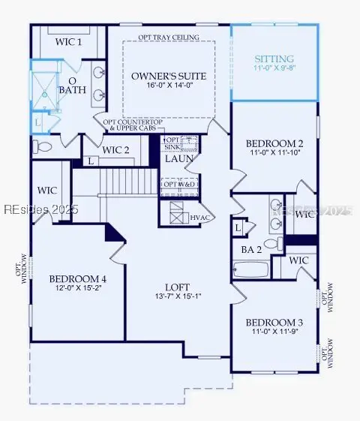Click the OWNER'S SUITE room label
click(x=169, y=76)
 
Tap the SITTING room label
click(x=274, y=59)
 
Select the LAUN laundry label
click(x=179, y=159)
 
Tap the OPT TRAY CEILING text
click(x=169, y=37)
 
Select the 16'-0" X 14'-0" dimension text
click(x=169, y=86)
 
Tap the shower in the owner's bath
click(x=48, y=94)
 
